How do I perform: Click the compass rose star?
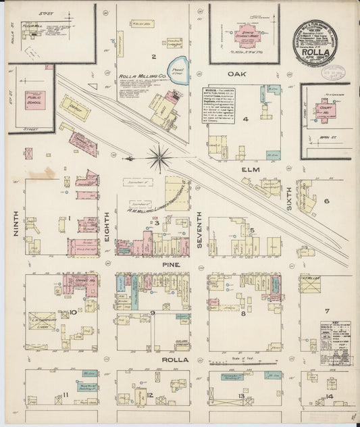[x=160, y=158]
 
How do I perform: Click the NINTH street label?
[x=14, y=224]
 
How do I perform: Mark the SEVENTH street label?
[x=199, y=229]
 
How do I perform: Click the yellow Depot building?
[x=75, y=107]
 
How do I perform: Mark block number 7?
[x=326, y=311]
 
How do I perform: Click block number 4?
[x=247, y=119]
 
